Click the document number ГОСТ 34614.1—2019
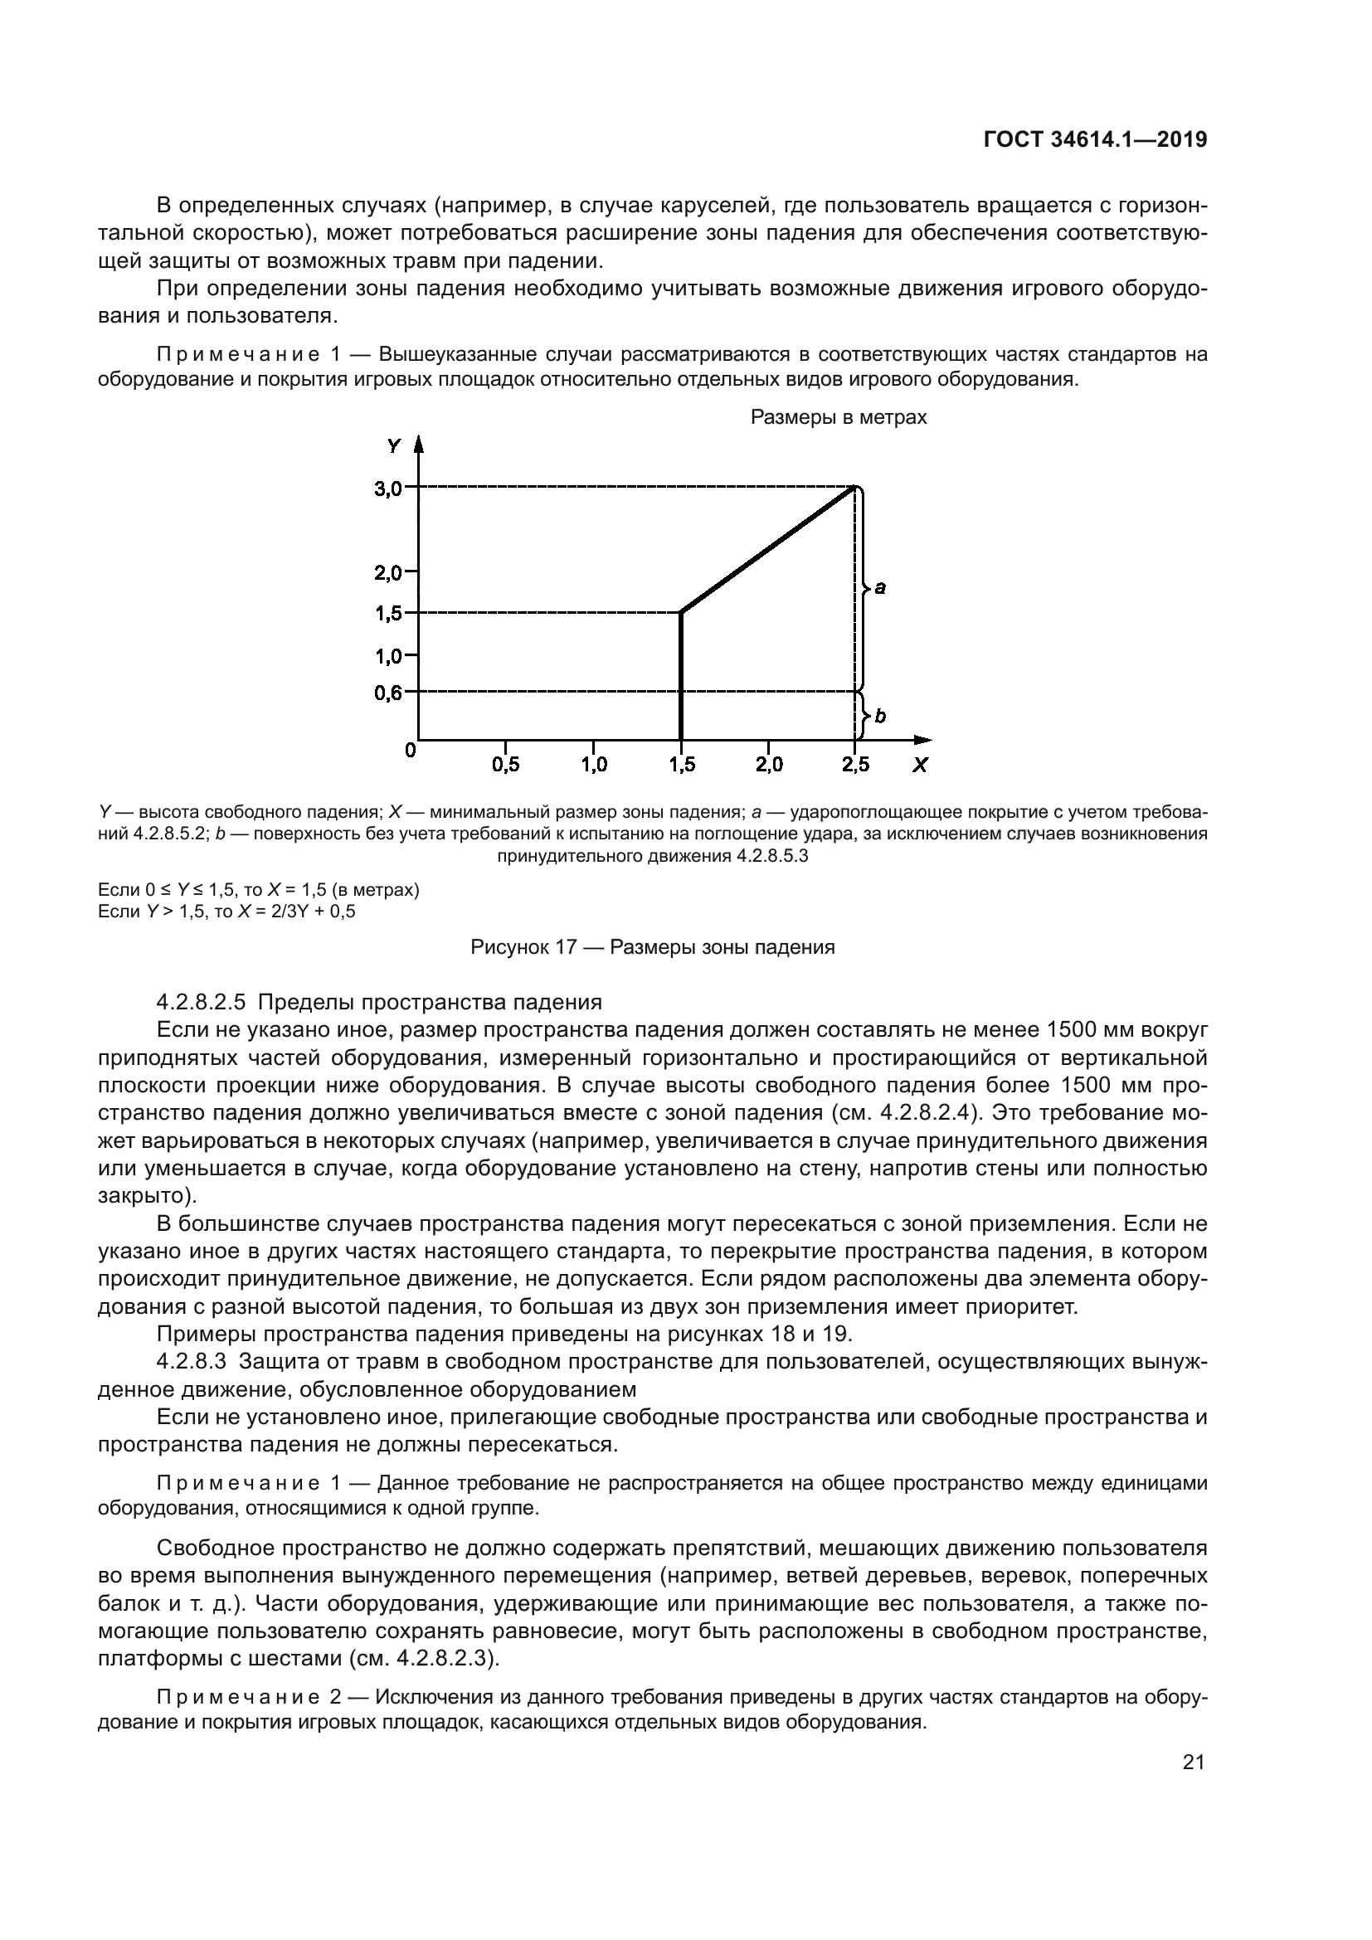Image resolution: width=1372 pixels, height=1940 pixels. coord(1095,140)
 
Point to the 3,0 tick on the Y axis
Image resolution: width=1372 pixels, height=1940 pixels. coord(390,488)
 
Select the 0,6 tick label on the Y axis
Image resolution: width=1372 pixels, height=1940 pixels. coord(388,693)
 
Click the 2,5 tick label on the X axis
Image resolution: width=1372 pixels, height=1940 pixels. coord(855,765)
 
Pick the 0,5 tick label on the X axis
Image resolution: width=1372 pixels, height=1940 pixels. coord(505,765)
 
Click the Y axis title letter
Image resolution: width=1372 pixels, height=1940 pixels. coord(393,446)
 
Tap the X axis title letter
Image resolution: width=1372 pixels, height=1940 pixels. coord(920,766)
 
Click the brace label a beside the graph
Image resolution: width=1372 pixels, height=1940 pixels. coord(880,587)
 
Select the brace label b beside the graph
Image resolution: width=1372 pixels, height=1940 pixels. coord(880,717)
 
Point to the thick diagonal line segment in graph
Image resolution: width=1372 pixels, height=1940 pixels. coord(769,549)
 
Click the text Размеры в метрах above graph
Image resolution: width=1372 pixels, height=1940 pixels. coord(838,417)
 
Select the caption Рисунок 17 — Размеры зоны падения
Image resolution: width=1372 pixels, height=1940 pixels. coord(652,947)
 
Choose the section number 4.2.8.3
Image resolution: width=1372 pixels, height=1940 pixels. coord(191,1361)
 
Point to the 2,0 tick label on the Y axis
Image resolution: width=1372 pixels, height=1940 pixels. coord(388,573)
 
